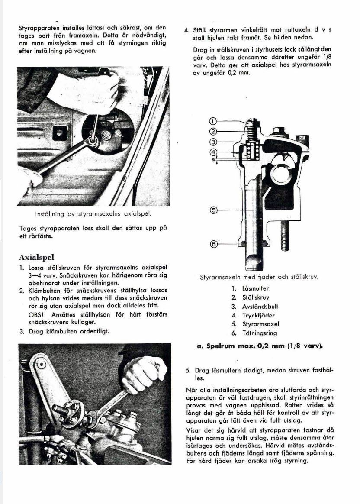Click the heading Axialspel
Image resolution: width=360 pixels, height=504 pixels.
36,258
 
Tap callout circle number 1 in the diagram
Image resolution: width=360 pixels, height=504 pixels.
212,122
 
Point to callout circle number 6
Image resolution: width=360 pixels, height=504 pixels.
212,244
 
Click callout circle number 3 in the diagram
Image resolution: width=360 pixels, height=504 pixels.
212,142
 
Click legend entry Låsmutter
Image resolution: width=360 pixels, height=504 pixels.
255,288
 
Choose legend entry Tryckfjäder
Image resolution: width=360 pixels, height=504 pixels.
258,315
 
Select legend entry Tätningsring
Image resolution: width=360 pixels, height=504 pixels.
260,333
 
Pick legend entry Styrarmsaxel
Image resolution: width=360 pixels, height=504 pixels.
260,324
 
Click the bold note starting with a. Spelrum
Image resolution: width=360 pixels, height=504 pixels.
260,346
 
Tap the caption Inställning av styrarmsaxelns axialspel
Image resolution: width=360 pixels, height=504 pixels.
93,214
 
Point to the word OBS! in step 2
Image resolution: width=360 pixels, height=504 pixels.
37,314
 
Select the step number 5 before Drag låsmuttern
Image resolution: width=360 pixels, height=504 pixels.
188,371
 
